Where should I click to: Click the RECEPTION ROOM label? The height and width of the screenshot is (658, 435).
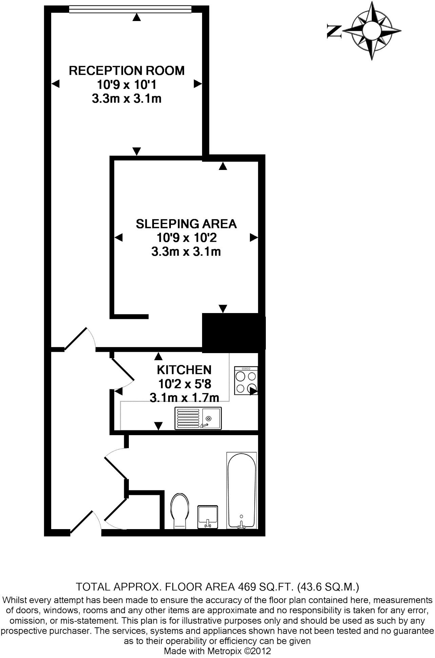(127, 71)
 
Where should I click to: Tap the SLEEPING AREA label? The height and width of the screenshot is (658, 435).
(186, 224)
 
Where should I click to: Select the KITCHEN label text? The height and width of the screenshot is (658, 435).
(184, 369)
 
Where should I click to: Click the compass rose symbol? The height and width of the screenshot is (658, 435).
(372, 31)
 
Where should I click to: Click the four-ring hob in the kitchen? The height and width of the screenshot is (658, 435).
(246, 381)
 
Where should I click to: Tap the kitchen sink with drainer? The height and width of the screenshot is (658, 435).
(198, 418)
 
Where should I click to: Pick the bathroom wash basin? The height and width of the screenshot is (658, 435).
(207, 517)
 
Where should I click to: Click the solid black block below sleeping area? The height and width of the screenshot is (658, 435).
(234, 332)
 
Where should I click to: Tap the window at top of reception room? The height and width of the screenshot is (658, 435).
(130, 9)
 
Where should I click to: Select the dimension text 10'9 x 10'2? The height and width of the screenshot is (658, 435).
(186, 238)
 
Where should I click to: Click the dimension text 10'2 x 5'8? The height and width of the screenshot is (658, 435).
(185, 384)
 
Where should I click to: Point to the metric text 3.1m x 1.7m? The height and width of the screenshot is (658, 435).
(184, 397)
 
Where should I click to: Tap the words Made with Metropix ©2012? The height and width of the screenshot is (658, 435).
(217, 651)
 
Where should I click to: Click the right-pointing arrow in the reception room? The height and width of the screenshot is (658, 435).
(198, 84)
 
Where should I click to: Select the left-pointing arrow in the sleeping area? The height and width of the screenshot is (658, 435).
(118, 238)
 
